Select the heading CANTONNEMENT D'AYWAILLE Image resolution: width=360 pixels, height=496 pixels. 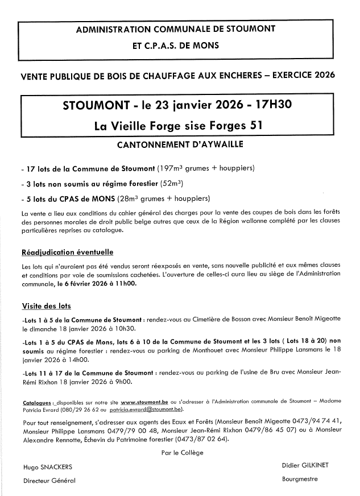[x=180, y=144]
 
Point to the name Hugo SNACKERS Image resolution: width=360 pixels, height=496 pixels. [x=48, y=466]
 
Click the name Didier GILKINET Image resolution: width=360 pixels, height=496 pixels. [x=305, y=465]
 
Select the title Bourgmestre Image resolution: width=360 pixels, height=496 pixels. [x=300, y=479]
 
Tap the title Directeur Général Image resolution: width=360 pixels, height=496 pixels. [x=49, y=481]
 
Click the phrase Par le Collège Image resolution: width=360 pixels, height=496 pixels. [x=182, y=453]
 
